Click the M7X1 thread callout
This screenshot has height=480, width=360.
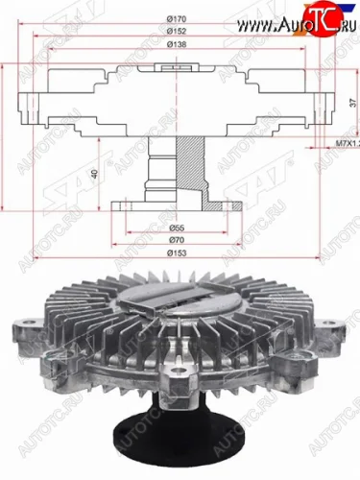coord(345,142)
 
